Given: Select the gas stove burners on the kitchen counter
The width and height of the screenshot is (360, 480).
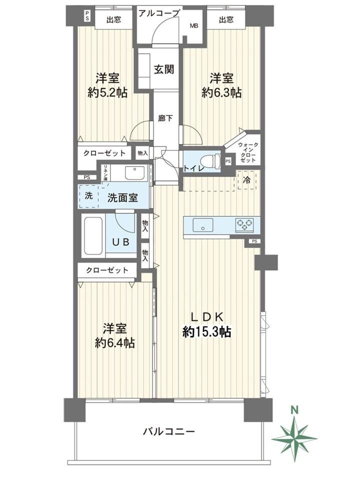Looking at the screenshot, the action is [244, 224].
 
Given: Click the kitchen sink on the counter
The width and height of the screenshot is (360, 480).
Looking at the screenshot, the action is [203, 225].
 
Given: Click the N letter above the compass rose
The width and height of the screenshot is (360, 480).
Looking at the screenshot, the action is [294, 410].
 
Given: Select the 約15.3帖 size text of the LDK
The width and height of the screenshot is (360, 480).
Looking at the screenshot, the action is [206, 331].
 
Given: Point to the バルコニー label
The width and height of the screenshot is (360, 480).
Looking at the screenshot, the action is [169, 432].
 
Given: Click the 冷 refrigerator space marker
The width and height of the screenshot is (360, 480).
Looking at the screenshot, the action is [246, 180].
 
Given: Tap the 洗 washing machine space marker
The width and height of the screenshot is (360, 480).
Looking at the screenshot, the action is [89, 195].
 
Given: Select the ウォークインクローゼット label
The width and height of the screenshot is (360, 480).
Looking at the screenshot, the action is [248, 152].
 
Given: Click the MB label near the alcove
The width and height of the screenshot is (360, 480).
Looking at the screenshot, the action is [194, 25].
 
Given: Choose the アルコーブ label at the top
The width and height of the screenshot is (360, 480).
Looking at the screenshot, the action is [158, 13].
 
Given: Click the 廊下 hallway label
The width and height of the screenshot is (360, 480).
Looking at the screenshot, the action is [165, 118].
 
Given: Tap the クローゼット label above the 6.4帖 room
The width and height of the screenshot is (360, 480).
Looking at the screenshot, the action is [107, 270].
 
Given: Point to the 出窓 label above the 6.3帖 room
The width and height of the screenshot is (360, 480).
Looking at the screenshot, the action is [226, 20].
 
